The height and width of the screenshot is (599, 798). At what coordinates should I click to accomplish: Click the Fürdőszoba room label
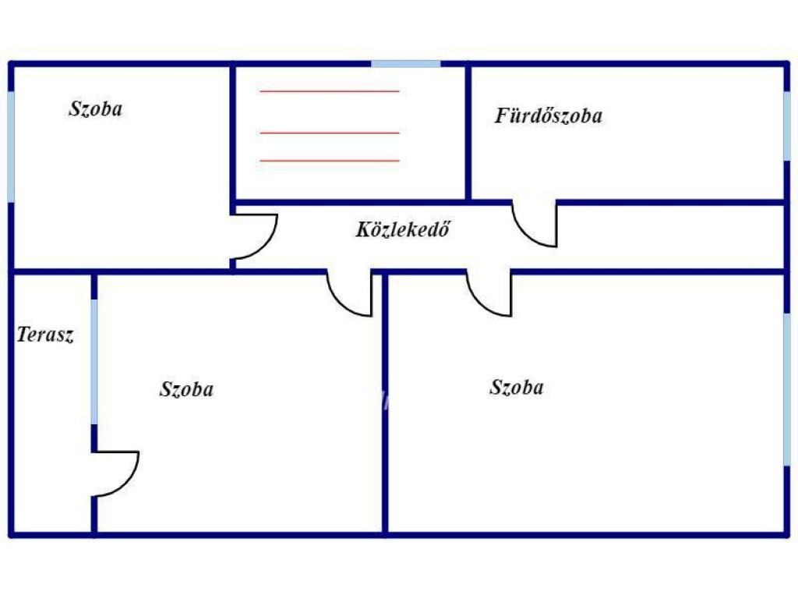pyautogui.click(x=549, y=115)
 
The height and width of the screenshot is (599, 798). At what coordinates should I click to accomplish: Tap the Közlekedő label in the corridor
pyautogui.click(x=403, y=229)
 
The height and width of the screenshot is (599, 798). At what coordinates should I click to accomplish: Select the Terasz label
pyautogui.click(x=45, y=335)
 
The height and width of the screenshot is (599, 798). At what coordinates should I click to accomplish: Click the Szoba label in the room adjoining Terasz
pyautogui.click(x=186, y=389)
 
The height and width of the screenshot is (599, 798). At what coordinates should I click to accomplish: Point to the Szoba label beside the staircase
pyautogui.click(x=96, y=109)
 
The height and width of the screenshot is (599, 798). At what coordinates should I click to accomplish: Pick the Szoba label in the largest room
pyautogui.click(x=517, y=387)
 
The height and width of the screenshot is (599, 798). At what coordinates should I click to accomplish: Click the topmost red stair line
pyautogui.click(x=330, y=91)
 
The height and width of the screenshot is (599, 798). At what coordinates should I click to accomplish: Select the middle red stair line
pyautogui.click(x=330, y=133)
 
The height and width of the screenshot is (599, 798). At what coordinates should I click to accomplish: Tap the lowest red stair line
pyautogui.click(x=330, y=161)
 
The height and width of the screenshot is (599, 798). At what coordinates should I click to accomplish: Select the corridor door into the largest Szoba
pyautogui.click(x=482, y=305)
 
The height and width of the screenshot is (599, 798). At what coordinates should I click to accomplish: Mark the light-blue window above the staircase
pyautogui.click(x=405, y=64)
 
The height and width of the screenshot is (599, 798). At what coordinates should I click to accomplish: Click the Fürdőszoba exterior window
pyautogui.click(x=787, y=126)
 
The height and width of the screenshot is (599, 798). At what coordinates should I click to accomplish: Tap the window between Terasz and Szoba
pyautogui.click(x=94, y=362)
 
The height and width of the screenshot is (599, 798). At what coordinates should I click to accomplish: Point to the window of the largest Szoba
pyautogui.click(x=787, y=390)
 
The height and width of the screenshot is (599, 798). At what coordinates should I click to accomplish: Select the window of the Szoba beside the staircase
pyautogui.click(x=11, y=147)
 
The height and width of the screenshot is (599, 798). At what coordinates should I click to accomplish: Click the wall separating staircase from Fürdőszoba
pyautogui.click(x=468, y=133)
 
